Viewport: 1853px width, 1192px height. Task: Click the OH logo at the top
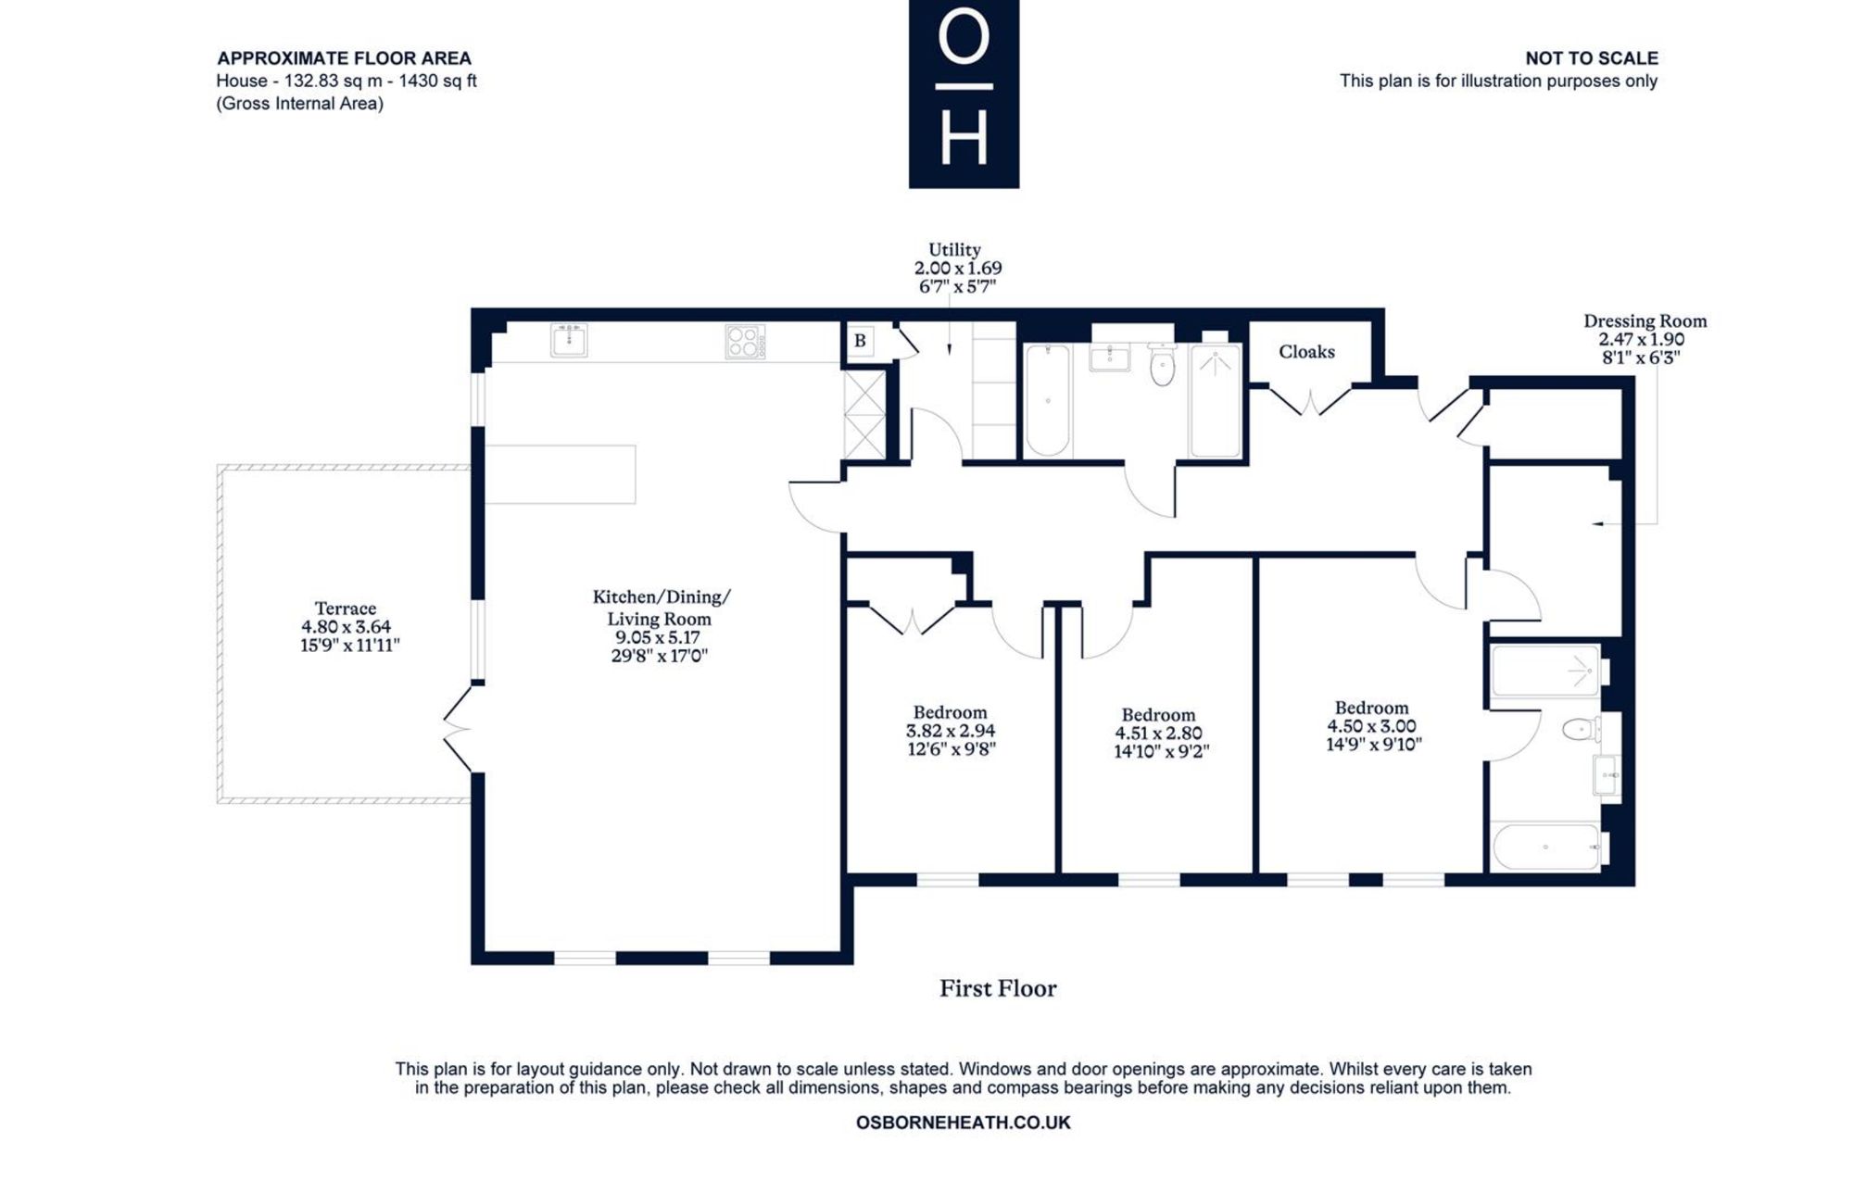964,94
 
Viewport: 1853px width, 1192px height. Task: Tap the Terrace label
346,609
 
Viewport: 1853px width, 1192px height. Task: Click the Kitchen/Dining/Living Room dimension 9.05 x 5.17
658,637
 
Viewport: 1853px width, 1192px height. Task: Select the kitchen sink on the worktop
569,340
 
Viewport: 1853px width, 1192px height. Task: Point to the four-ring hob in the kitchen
745,341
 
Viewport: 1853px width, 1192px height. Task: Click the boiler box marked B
860,341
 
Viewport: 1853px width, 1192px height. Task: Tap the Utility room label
954,249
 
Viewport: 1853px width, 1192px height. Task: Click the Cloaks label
1306,352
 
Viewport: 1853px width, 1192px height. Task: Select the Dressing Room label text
1645,321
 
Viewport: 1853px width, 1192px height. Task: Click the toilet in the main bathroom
1162,364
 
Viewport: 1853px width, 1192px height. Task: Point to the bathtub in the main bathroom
1048,400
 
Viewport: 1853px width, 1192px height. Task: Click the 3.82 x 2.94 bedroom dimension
951,731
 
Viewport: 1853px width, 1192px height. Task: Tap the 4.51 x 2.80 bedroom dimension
1158,734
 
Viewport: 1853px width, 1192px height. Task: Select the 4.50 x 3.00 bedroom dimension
1371,726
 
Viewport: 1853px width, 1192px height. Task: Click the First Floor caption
998,988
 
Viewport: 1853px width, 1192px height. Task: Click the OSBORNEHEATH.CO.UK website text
963,1123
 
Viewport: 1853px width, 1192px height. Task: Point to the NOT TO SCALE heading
1592,58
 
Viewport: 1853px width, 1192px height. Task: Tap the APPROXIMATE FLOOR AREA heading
345,58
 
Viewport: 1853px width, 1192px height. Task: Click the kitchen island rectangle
561,474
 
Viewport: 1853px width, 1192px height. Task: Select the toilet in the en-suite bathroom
1582,730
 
